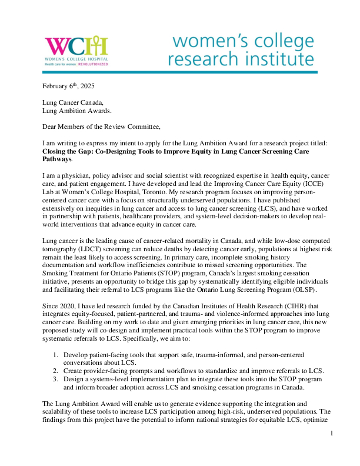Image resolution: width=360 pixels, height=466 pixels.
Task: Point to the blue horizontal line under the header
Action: coord(179,72)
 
